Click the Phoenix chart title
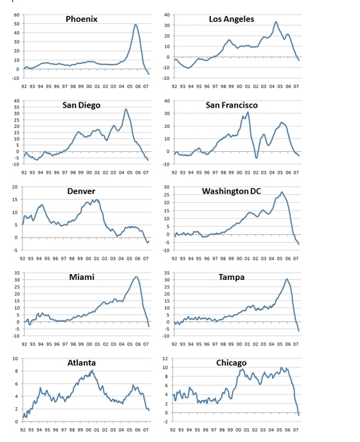[x=81, y=19]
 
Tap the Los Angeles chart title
[x=231, y=19]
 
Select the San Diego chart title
[x=81, y=105]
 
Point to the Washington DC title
[x=231, y=191]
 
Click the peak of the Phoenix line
[x=135, y=24]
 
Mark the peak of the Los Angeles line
[x=276, y=21]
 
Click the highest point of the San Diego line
[x=126, y=109]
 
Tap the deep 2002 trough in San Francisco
[x=257, y=158]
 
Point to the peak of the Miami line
[x=137, y=276]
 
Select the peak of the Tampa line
[x=287, y=279]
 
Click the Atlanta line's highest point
[x=92, y=371]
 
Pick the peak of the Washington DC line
[x=281, y=192]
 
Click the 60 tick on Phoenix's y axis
[x=16, y=15]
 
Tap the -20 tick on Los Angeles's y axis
[x=167, y=78]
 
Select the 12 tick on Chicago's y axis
[x=165, y=358]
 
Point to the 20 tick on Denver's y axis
[x=15, y=187]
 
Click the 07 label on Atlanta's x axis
[x=145, y=430]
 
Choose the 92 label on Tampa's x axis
[x=175, y=344]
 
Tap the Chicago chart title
[x=231, y=363]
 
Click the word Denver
[x=81, y=191]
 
